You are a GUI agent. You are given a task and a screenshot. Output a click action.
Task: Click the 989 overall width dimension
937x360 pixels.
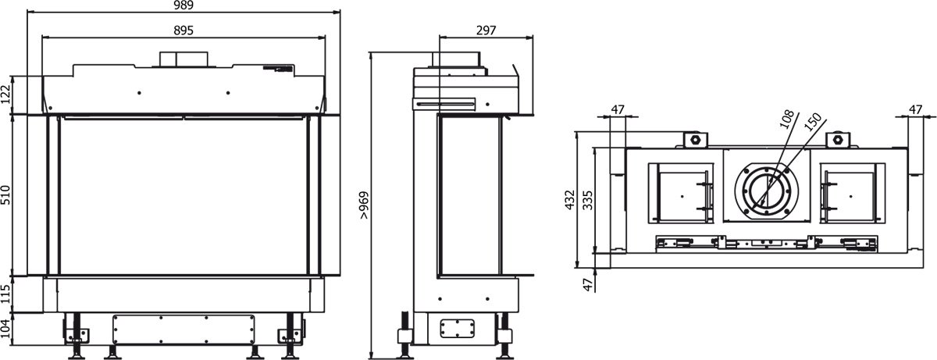[x=183, y=5]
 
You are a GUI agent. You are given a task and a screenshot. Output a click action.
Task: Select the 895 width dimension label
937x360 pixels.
[x=183, y=30]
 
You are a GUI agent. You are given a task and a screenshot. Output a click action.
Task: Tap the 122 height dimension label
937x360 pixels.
[x=5, y=94]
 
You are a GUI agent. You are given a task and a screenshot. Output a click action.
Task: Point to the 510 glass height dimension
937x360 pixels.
[x=5, y=195]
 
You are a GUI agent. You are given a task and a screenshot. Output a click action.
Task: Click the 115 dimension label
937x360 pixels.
[x=5, y=294]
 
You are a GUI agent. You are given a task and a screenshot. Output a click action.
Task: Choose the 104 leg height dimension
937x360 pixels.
[x=5, y=329]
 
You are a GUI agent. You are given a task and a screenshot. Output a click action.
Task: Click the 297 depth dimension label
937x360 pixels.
[x=486, y=30]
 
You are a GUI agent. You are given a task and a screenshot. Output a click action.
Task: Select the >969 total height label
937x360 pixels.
[x=364, y=205]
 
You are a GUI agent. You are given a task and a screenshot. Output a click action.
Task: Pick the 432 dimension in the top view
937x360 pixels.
[x=570, y=200]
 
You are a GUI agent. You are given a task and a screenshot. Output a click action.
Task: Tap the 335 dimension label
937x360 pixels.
[x=588, y=200]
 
